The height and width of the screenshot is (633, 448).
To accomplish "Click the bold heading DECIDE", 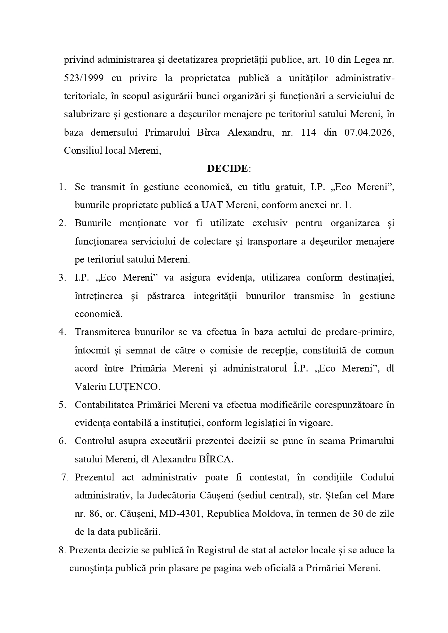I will tap(227, 168).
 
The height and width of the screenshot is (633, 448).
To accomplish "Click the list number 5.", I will tap(62, 405).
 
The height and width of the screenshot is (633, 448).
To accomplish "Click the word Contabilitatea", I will tap(104, 405).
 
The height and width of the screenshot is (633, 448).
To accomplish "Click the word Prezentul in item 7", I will tap(95, 478).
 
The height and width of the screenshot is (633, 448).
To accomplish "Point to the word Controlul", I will tap(93, 441).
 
